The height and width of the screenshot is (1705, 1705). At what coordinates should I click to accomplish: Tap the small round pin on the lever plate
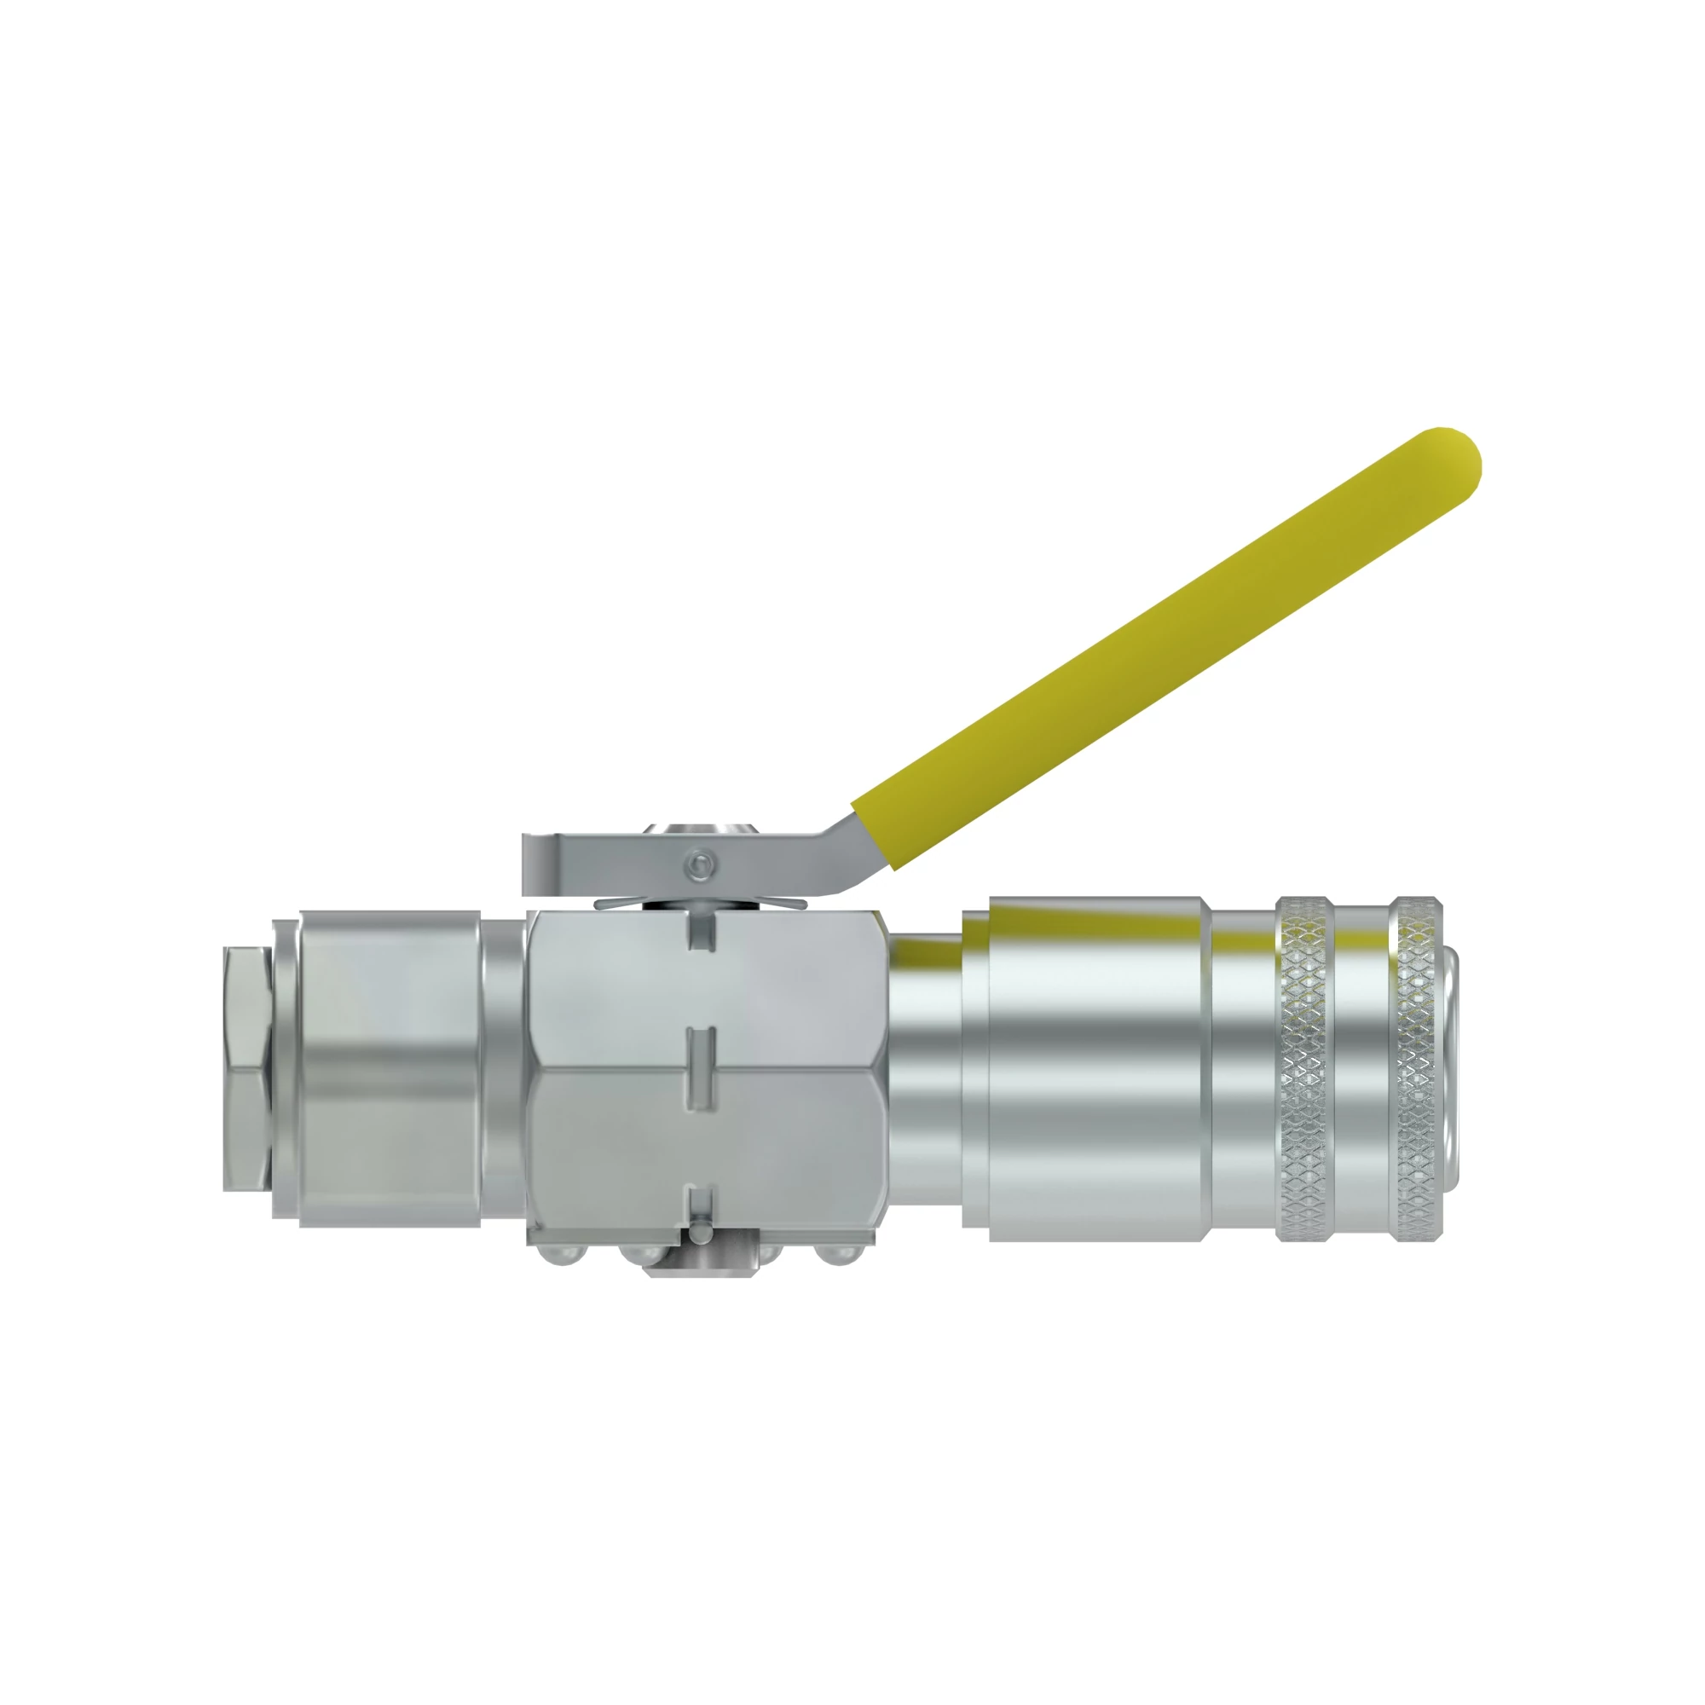coord(701,866)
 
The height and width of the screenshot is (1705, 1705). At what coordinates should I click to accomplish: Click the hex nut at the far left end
coord(246,1068)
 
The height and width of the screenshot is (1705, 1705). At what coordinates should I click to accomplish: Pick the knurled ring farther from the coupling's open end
coord(1304,1068)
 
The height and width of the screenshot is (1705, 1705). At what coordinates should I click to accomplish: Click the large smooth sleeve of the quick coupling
coord(1095,1068)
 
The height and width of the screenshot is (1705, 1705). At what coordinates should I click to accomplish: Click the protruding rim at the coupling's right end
coord(1453,1068)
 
